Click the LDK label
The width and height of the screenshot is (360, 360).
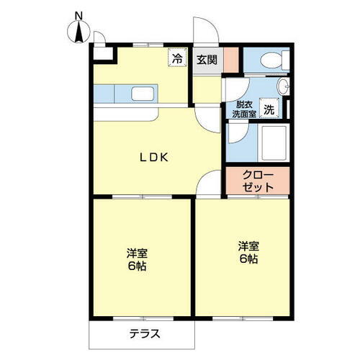click(x=153, y=158)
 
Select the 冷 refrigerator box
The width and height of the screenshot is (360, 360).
click(x=176, y=59)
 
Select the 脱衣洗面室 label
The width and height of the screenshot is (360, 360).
click(x=244, y=109)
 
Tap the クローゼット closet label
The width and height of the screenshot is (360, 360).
click(x=258, y=181)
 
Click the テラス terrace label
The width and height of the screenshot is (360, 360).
click(x=144, y=334)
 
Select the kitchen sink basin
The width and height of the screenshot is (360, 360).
click(x=141, y=93)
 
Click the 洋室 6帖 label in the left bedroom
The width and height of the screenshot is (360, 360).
click(x=137, y=259)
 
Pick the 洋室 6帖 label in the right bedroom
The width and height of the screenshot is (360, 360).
click(x=249, y=252)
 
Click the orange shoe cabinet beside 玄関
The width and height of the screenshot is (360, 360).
click(x=230, y=59)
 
